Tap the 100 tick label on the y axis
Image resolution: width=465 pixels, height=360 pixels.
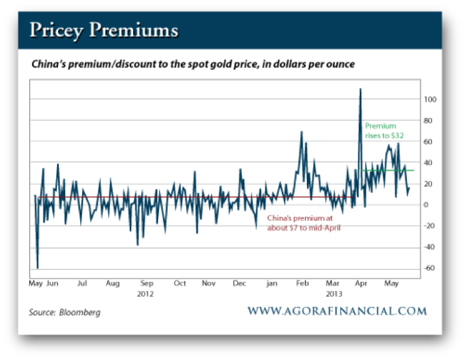pyautogui.click(x=429, y=99)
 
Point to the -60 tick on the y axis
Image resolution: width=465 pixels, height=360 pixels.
pyautogui.click(x=429, y=268)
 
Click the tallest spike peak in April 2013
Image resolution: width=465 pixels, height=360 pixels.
pyautogui.click(x=360, y=89)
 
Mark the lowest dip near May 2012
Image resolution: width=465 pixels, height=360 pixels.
pyautogui.click(x=38, y=268)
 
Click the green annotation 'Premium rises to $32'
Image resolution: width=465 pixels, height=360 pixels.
pyautogui.click(x=384, y=131)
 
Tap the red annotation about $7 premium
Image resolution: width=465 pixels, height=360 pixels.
pyautogui.click(x=303, y=223)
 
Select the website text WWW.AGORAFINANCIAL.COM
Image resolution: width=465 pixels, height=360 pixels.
pyautogui.click(x=337, y=311)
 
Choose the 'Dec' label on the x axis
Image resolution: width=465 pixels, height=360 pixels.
pyautogui.click(x=239, y=283)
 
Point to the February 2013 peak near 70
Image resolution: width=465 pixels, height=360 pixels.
pyautogui.click(x=302, y=132)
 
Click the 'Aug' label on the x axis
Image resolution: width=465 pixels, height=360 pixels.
pyautogui.click(x=113, y=283)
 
